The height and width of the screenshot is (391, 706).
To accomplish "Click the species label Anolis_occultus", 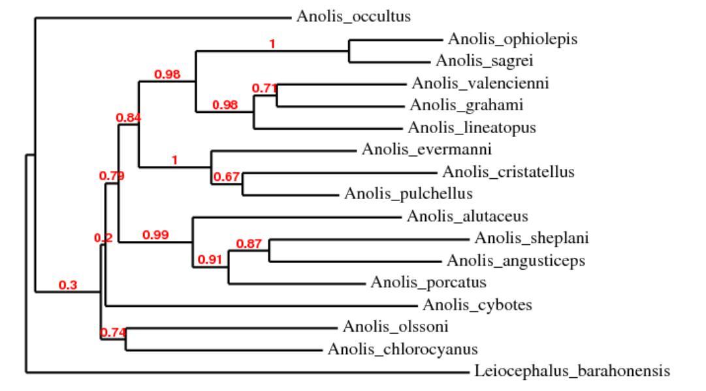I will [x=353, y=16].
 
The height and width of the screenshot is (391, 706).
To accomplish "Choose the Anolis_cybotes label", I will [x=478, y=305].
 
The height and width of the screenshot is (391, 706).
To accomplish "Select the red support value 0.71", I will [x=265, y=88].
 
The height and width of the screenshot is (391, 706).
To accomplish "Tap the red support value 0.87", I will [x=249, y=243].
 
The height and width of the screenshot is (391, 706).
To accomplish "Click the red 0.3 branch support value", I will [x=67, y=285].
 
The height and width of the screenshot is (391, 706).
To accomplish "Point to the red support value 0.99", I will [x=156, y=235].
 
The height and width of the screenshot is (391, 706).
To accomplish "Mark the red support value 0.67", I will [x=228, y=177].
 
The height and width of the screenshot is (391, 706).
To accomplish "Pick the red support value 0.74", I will [x=112, y=333].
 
